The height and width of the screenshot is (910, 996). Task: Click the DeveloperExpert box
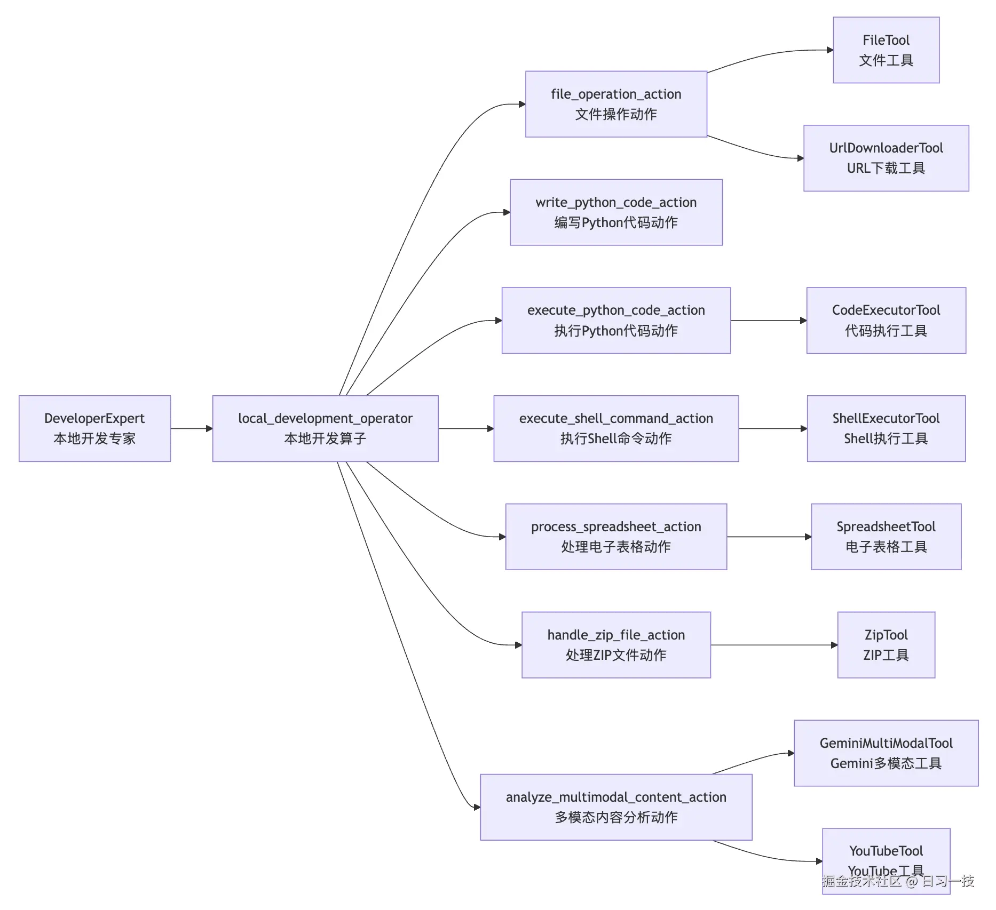pyautogui.click(x=94, y=428)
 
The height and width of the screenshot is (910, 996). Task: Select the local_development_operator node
pyautogui.click(x=325, y=428)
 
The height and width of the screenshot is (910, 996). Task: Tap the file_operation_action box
pyautogui.click(x=616, y=104)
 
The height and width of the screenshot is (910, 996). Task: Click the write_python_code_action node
pyautogui.click(x=616, y=212)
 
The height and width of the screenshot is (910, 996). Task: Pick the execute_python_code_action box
pyautogui.click(x=616, y=320)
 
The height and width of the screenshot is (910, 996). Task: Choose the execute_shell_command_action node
pyautogui.click(x=616, y=428)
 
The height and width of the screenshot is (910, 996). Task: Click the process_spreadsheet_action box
pyautogui.click(x=616, y=537)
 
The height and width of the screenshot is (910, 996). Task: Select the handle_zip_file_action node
pyautogui.click(x=616, y=645)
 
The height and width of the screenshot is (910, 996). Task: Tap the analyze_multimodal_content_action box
pyautogui.click(x=616, y=807)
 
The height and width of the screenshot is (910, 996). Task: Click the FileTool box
pyautogui.click(x=886, y=50)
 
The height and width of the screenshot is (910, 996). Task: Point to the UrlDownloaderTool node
pyautogui.click(x=886, y=158)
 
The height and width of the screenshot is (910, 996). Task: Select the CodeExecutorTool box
pyautogui.click(x=886, y=320)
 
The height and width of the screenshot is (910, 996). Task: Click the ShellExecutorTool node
pyautogui.click(x=886, y=428)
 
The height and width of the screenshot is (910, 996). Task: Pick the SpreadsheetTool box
pyautogui.click(x=886, y=537)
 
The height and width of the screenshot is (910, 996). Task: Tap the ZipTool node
pyautogui.click(x=886, y=645)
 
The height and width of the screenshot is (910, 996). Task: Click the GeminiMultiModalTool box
pyautogui.click(x=886, y=753)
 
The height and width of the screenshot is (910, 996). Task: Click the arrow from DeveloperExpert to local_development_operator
pyautogui.click(x=191, y=428)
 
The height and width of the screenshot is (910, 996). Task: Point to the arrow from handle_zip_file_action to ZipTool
pyautogui.click(x=774, y=645)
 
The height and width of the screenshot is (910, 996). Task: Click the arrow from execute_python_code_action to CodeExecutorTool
pyautogui.click(x=769, y=320)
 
